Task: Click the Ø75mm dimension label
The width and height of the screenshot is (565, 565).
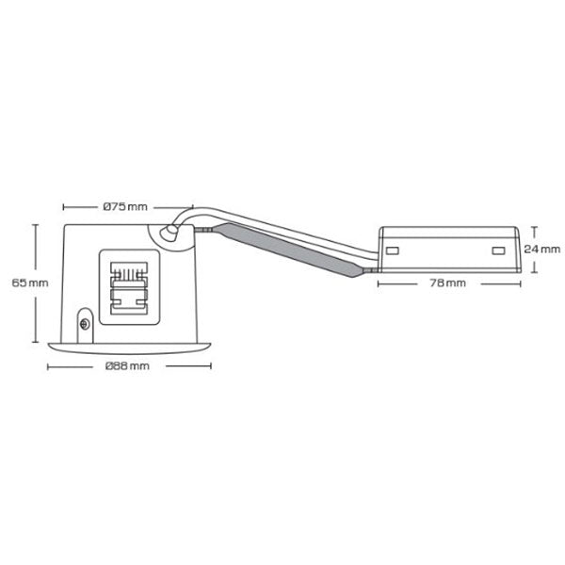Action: tap(125, 205)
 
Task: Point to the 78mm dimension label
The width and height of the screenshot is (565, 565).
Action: tap(448, 282)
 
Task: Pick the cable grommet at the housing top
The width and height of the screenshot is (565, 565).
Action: tap(172, 233)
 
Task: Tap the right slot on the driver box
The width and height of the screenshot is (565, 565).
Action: tap(498, 250)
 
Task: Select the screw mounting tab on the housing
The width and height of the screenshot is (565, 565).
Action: tap(86, 323)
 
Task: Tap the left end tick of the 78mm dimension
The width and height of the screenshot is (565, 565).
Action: tap(378, 282)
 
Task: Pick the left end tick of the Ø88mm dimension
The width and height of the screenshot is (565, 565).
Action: tap(49, 364)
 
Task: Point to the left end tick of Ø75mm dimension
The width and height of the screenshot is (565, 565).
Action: tap(62, 205)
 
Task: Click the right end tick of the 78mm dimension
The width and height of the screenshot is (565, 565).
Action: tap(520, 282)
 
